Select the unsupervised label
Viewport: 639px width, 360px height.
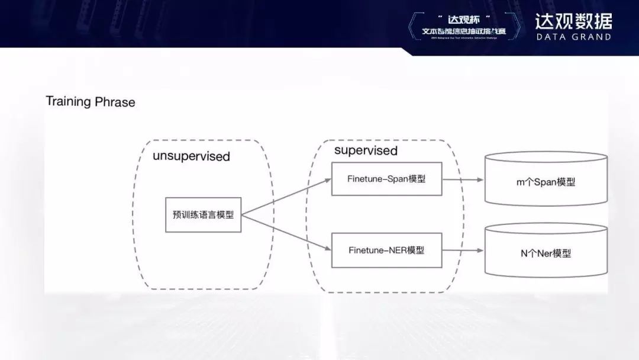(191, 156)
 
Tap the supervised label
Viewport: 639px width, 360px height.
(366, 150)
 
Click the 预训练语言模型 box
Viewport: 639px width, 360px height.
(203, 215)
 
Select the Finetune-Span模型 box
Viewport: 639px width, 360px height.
(387, 178)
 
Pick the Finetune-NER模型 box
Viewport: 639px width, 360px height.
(387, 250)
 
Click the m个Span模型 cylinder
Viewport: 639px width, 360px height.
(546, 182)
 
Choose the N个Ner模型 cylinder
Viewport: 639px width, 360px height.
(546, 253)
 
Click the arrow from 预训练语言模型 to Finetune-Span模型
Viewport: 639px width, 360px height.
(287, 197)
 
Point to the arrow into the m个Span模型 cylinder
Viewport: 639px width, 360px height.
(463, 179)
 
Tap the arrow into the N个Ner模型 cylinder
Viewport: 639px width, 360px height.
(463, 250)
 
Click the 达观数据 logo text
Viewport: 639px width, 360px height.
(573, 21)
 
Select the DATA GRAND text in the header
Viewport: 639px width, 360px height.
(573, 37)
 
